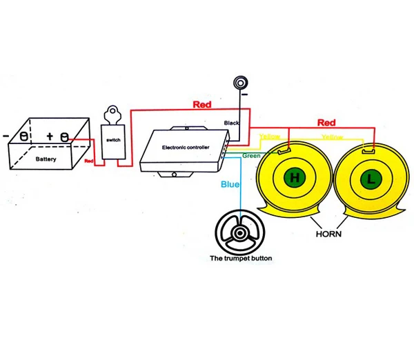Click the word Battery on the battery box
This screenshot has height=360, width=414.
(x=46, y=159)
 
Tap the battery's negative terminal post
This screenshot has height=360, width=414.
(x=23, y=136)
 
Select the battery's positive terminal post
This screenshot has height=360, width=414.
(x=65, y=137)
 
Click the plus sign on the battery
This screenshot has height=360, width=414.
(x=50, y=136)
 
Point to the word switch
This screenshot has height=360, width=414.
(x=113, y=140)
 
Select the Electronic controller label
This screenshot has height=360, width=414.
(x=186, y=148)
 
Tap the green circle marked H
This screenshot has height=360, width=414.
(x=295, y=177)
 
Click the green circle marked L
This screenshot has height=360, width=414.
(x=371, y=179)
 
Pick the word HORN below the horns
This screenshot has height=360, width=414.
(x=328, y=234)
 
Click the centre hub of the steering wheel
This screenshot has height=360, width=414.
(x=240, y=233)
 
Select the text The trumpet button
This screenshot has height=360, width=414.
(x=241, y=258)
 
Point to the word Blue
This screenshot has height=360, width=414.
(x=230, y=184)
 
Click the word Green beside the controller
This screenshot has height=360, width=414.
(x=251, y=156)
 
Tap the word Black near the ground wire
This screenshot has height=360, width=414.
(x=231, y=123)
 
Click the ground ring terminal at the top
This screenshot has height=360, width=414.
(x=240, y=83)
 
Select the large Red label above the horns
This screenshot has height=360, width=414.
(x=326, y=123)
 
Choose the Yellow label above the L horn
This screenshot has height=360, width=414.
(x=332, y=137)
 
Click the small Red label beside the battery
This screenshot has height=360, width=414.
(x=89, y=161)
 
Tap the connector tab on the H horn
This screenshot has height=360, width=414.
(x=284, y=151)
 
